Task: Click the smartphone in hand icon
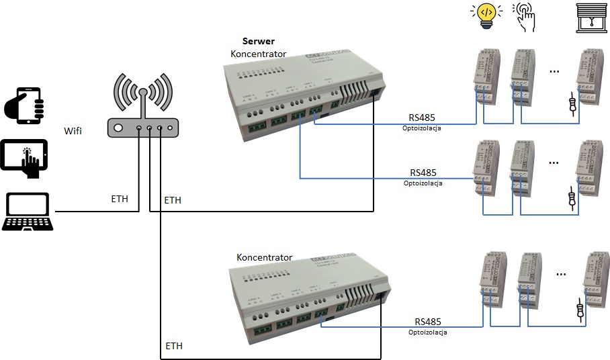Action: click(x=24, y=104)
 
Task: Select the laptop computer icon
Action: click(x=27, y=212)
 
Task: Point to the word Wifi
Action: click(x=73, y=130)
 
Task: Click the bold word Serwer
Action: click(x=259, y=42)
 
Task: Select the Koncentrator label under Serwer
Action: click(x=258, y=54)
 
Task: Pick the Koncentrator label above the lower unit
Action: click(x=264, y=257)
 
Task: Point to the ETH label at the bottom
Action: click(x=174, y=347)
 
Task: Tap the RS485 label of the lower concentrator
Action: click(x=428, y=322)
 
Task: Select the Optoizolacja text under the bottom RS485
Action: click(x=427, y=332)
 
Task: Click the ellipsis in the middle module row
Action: click(x=554, y=162)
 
